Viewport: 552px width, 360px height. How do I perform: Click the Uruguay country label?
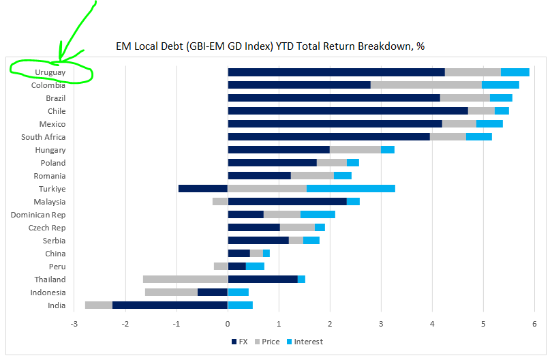coord(50,72)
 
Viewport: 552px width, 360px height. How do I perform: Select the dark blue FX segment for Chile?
coord(348,111)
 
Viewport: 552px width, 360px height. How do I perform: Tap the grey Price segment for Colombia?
coord(426,85)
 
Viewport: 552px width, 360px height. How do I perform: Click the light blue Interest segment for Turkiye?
coord(350,189)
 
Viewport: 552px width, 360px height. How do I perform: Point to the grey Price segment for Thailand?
coord(185,280)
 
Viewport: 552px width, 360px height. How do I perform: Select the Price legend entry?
coord(265,342)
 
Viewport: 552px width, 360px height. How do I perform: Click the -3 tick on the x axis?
coord(74,324)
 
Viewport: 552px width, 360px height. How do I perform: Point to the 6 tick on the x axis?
coord(534,324)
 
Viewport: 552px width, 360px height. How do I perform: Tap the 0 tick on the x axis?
coord(228,324)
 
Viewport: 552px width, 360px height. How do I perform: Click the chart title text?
coord(271,46)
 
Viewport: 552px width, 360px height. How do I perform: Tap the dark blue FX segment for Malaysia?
coord(287,202)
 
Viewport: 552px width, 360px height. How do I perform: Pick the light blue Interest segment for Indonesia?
coord(238,292)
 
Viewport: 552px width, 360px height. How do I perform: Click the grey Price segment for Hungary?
coord(355,150)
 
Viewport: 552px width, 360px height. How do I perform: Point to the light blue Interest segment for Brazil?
coord(501,98)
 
